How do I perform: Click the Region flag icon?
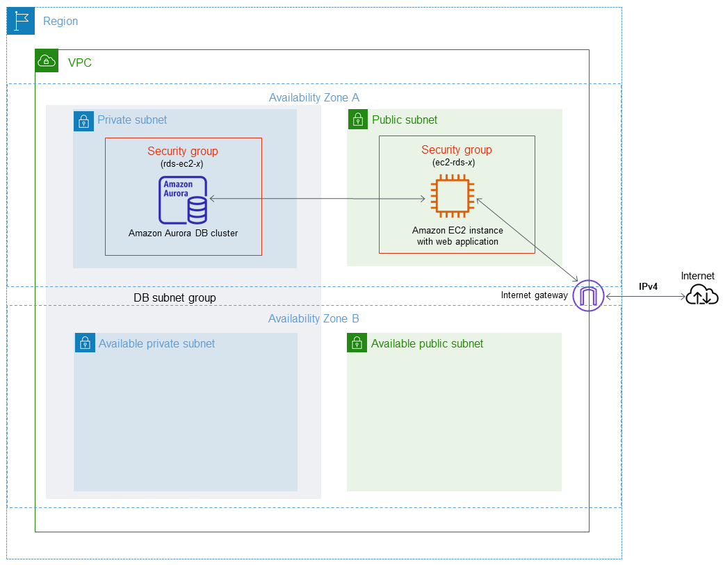click(x=20, y=21)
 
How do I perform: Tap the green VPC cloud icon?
click(x=47, y=61)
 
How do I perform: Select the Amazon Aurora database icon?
click(x=184, y=200)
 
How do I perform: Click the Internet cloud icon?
click(x=701, y=295)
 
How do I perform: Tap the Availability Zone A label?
click(x=314, y=98)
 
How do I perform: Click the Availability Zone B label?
click(x=314, y=319)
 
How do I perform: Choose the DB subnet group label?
click(x=174, y=297)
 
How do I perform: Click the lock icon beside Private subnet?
click(x=83, y=121)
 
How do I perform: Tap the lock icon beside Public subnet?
click(x=357, y=120)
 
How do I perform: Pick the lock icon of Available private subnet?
click(x=85, y=343)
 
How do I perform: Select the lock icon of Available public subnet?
click(x=357, y=343)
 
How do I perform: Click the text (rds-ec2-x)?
click(x=183, y=164)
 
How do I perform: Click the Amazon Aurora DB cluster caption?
click(x=184, y=234)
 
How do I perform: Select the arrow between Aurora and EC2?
click(x=316, y=199)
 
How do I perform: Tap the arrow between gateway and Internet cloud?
click(x=644, y=296)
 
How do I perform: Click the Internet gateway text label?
click(x=534, y=295)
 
